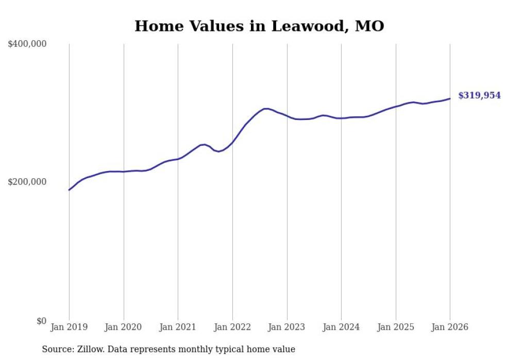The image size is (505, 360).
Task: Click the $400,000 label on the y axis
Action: tap(27, 44)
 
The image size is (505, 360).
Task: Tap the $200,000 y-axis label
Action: tap(27, 182)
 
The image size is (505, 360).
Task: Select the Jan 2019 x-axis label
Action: tap(69, 327)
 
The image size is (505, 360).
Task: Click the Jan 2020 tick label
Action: tap(124, 327)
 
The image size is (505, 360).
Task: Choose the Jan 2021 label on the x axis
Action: tap(178, 327)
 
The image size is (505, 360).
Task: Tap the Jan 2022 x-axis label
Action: tap(232, 327)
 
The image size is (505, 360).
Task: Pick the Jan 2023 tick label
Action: tap(287, 327)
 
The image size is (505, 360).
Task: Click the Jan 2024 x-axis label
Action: tap(341, 327)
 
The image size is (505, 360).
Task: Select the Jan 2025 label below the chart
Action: tap(396, 327)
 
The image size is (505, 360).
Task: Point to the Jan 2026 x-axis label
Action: tap(450, 327)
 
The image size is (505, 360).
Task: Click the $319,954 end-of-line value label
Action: tap(479, 95)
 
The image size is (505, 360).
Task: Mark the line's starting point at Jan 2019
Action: tap(69, 190)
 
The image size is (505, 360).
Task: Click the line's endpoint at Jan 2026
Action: tap(450, 98)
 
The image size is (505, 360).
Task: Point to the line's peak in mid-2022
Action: tap(265, 109)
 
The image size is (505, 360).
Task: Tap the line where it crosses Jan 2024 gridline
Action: tap(341, 118)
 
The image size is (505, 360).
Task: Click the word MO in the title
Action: tap(369, 26)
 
